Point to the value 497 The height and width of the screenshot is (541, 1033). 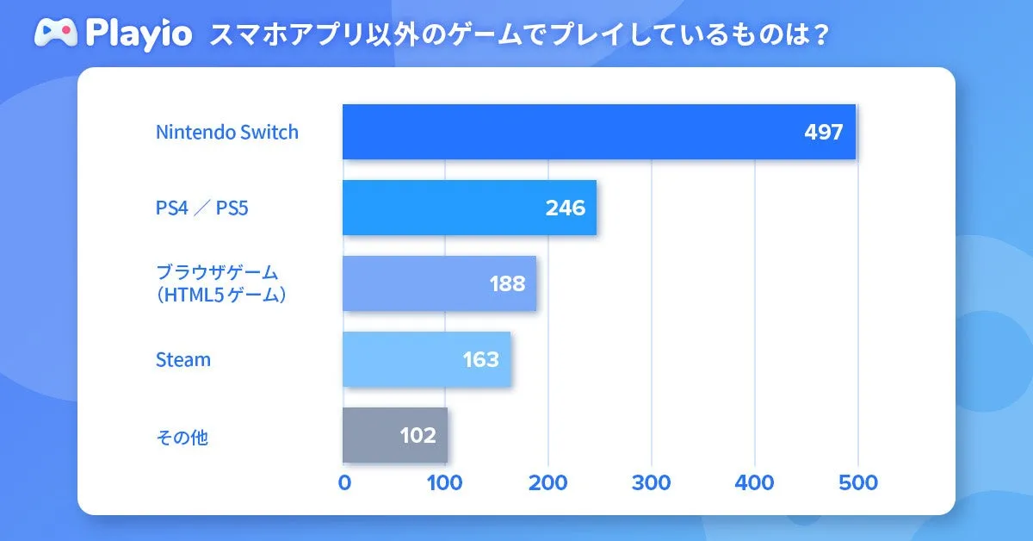(823, 133)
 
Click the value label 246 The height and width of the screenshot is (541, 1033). (565, 208)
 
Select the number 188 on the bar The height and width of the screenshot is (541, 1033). (506, 283)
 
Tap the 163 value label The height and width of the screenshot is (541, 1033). (480, 359)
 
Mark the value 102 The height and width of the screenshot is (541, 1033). (418, 435)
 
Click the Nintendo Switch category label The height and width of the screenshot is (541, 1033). (227, 133)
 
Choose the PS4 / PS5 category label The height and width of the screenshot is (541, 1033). (201, 208)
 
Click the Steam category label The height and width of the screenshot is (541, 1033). (182, 359)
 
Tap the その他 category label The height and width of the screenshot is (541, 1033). (182, 437)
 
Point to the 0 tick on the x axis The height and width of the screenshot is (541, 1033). (344, 483)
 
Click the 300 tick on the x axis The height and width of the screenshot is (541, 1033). (652, 483)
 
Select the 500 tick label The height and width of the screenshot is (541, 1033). (857, 483)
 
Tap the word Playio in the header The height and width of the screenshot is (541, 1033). (139, 35)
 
